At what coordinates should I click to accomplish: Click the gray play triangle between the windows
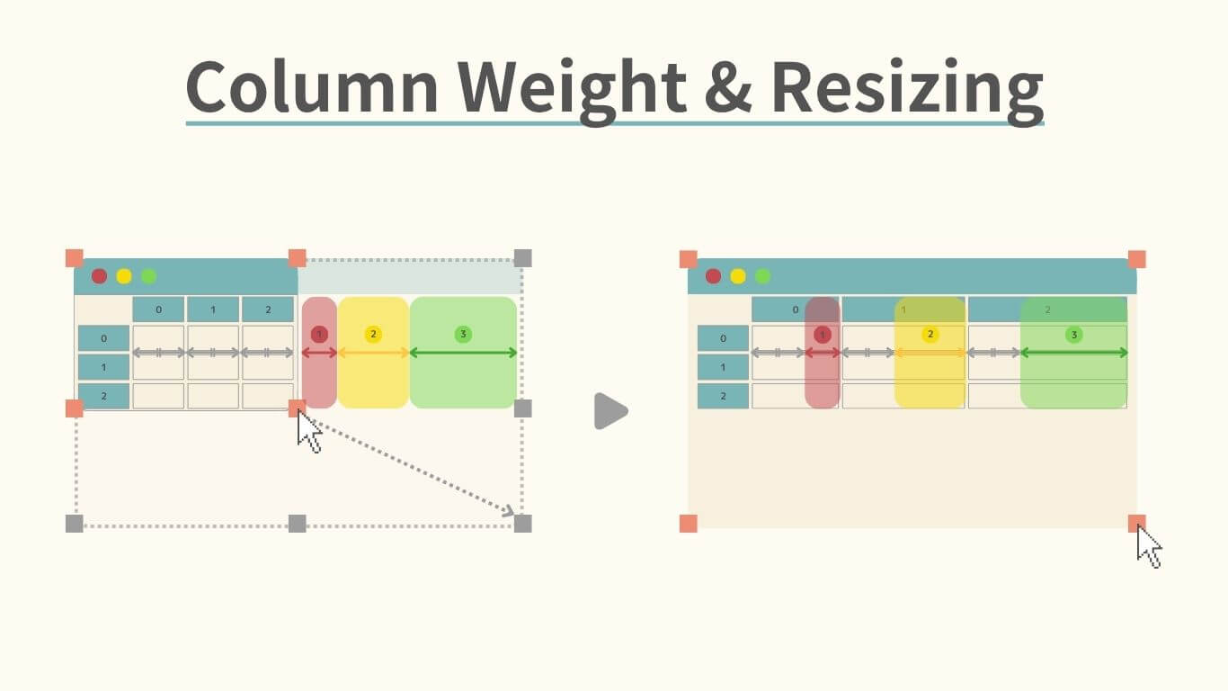coord(610,411)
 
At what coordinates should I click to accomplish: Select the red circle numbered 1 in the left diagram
coord(319,335)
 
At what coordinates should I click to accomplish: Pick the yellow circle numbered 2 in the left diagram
coord(373,335)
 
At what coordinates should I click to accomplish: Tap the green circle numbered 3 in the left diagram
coord(463,335)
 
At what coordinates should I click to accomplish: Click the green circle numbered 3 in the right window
coord(1073,335)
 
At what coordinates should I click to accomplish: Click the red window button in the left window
coord(99,276)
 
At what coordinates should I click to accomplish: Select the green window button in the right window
coord(762,276)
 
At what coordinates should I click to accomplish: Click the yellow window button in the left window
coord(124,276)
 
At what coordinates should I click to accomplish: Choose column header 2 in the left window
coord(267,310)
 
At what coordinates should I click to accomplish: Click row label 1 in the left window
coord(103,367)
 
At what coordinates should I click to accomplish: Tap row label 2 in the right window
coord(723,396)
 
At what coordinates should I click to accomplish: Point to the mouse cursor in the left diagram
coord(308,432)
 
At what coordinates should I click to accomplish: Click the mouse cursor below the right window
coord(1148,546)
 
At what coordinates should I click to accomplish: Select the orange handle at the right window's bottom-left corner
coord(689,524)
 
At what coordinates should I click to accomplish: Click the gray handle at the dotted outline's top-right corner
coord(523,258)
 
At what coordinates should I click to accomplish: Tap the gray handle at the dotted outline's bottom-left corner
coord(75,524)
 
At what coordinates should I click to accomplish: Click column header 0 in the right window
coord(795,310)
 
